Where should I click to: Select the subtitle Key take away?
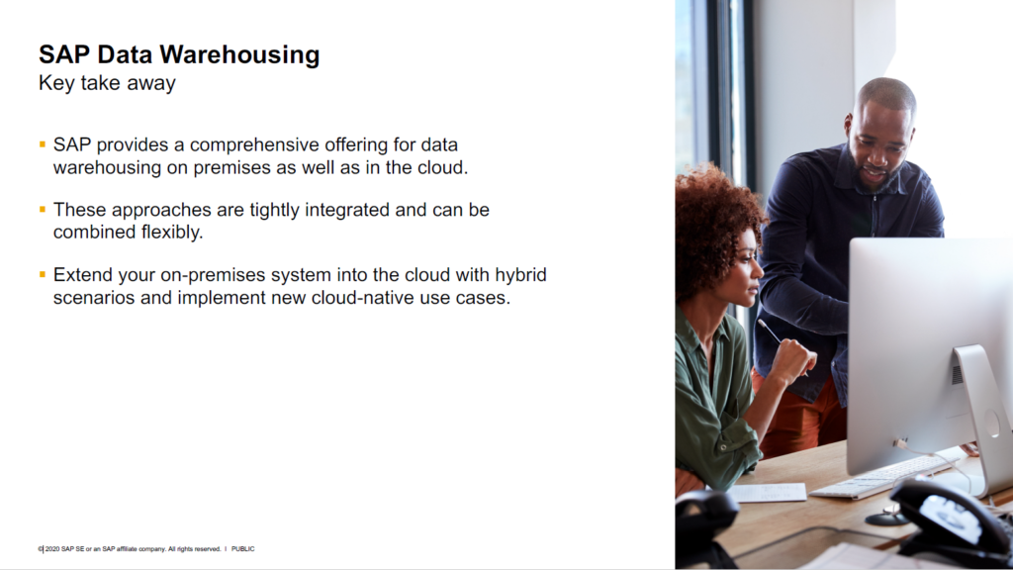[x=107, y=83]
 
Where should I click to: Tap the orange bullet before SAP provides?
[x=43, y=144]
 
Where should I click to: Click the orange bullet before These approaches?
[x=43, y=210]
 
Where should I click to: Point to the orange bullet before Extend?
[x=43, y=274]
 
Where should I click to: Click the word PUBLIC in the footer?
[x=243, y=548]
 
